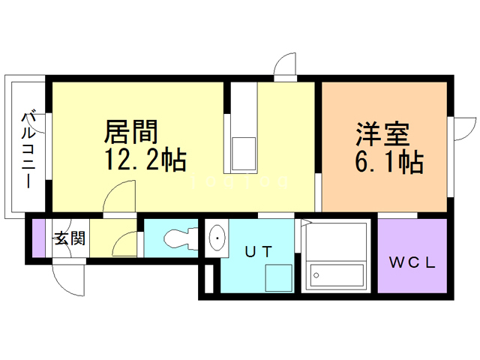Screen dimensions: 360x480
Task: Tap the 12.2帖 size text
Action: click(143, 159)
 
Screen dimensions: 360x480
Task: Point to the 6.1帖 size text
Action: click(386, 160)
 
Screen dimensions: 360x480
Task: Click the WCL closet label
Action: click(411, 262)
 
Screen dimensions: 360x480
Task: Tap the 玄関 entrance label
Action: click(69, 239)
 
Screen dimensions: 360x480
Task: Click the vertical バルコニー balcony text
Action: click(28, 149)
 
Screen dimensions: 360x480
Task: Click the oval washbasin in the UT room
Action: click(217, 238)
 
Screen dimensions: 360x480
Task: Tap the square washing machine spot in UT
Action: click(277, 278)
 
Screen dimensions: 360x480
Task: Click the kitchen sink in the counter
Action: click(244, 152)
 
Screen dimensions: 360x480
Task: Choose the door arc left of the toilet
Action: click(127, 243)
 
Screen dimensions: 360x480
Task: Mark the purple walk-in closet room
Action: click(412, 256)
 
